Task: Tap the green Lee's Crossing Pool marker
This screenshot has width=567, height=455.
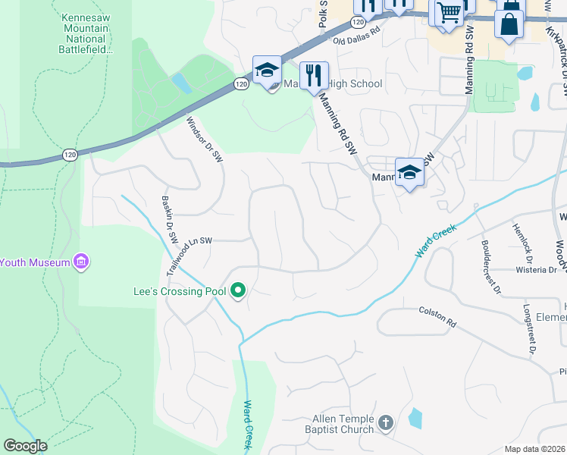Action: [x=238, y=291]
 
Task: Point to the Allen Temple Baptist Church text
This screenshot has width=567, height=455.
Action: [x=343, y=424]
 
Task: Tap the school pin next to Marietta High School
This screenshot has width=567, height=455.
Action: [x=268, y=72]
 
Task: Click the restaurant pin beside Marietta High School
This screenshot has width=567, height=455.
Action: [x=314, y=76]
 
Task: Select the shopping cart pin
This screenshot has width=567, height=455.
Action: [x=448, y=13]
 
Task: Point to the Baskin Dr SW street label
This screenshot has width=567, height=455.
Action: [x=169, y=219]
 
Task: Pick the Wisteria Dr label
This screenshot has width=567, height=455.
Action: [x=536, y=269]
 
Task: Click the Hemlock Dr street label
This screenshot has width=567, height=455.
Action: [x=524, y=238]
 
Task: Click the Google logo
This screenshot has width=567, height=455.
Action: [x=25, y=445]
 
